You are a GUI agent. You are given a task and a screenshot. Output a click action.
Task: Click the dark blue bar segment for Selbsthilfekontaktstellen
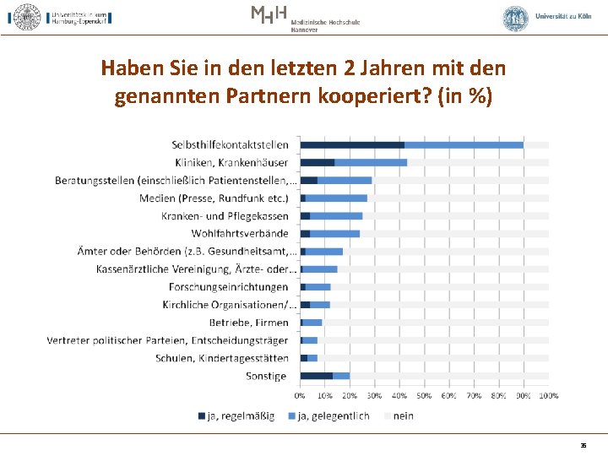[352, 145]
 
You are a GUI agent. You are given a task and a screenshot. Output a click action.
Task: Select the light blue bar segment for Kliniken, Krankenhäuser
[371, 162]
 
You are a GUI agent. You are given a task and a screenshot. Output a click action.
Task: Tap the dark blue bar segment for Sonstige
[317, 376]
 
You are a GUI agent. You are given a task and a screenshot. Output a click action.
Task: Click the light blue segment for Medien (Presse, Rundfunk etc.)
[336, 198]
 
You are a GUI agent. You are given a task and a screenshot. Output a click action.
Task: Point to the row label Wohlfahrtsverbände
[240, 234]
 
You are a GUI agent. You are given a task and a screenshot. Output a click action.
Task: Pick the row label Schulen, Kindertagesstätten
[222, 358]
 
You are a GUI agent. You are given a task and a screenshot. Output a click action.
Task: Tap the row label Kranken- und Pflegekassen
[225, 216]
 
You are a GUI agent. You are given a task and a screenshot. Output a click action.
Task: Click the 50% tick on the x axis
[424, 395]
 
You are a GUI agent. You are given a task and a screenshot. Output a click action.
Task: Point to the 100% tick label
[548, 395]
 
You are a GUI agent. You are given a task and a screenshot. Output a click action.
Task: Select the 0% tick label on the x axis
[301, 395]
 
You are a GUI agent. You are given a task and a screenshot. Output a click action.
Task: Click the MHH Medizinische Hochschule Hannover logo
[304, 17]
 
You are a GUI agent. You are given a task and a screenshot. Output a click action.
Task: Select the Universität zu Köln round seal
[515, 18]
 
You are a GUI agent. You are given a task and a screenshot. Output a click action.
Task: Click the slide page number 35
[583, 444]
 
